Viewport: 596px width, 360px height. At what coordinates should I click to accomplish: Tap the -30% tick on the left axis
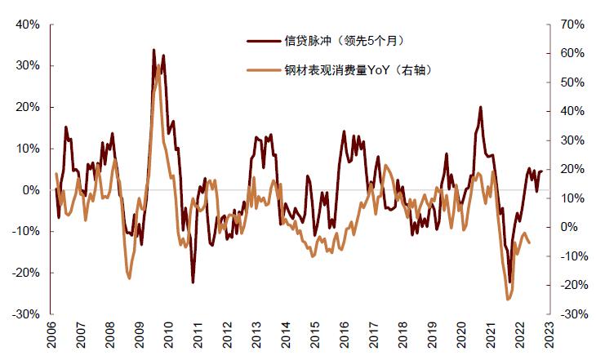click(x=25, y=314)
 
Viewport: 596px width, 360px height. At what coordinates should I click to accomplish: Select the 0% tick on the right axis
click(x=571, y=227)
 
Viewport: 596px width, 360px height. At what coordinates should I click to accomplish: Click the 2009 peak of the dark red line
click(x=154, y=50)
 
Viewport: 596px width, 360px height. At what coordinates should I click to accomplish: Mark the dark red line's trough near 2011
click(x=193, y=282)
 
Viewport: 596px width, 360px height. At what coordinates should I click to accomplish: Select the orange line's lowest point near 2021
click(x=508, y=300)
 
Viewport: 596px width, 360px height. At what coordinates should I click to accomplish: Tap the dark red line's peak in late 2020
click(x=480, y=107)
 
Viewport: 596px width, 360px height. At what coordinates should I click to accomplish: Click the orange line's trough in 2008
click(x=129, y=278)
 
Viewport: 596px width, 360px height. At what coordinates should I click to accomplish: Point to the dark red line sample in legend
click(x=264, y=39)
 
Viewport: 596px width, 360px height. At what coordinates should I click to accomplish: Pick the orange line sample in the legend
click(x=264, y=71)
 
